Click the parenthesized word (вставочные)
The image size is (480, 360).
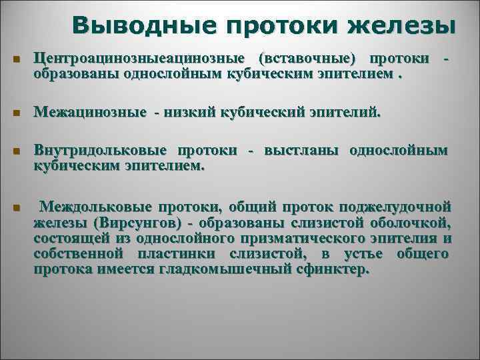(303, 61)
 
